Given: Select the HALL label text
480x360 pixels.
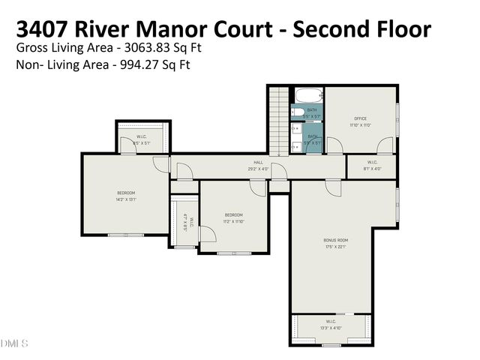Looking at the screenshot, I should pyautogui.click(x=258, y=163).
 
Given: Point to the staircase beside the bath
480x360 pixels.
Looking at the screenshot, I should pyautogui.click(x=278, y=120).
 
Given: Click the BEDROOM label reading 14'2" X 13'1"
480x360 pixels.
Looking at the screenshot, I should pyautogui.click(x=125, y=193).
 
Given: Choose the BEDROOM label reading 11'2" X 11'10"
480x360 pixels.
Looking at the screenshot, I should pyautogui.click(x=234, y=215).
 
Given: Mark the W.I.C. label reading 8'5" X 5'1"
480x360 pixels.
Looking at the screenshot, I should pyautogui.click(x=142, y=136).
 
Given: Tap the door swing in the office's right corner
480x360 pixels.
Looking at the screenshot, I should pyautogui.click(x=384, y=145).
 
